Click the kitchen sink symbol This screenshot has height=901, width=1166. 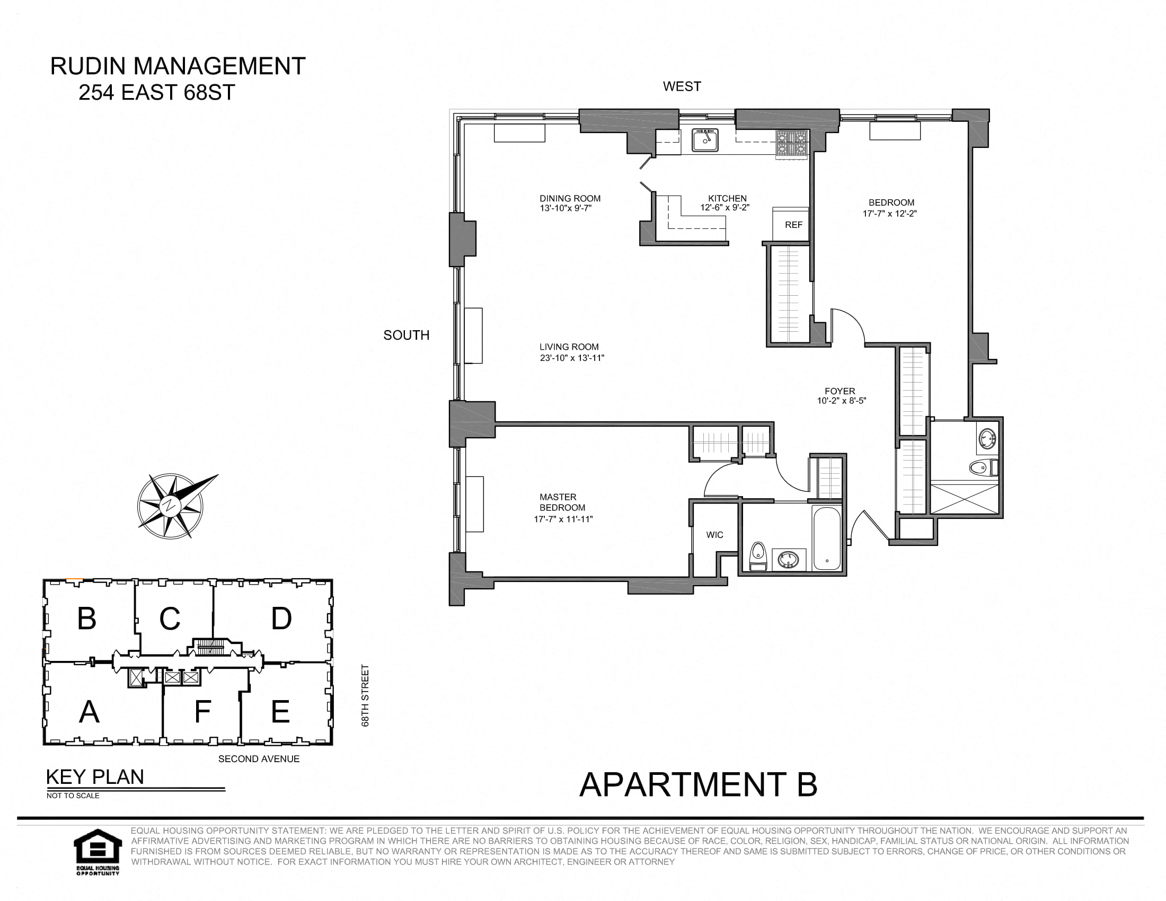(705, 140)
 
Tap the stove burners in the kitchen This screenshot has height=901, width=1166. (792, 145)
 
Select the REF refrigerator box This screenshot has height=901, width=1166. (792, 225)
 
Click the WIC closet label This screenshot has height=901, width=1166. (714, 535)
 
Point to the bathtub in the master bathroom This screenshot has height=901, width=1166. (826, 538)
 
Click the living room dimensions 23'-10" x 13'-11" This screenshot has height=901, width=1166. (572, 358)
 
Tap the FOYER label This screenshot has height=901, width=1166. (840, 391)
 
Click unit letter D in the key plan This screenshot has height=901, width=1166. (281, 619)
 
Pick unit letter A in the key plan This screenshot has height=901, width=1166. (89, 711)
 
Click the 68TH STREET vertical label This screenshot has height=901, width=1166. (365, 695)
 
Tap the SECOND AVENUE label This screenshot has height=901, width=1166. (259, 759)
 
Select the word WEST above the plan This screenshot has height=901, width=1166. (682, 86)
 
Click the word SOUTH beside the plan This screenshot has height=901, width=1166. (407, 335)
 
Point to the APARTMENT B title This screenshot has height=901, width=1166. (698, 784)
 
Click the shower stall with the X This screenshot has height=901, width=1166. (964, 499)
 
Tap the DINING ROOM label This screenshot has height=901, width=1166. (570, 198)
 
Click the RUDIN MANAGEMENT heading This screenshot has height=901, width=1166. (177, 66)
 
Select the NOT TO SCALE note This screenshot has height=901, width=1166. (73, 796)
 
